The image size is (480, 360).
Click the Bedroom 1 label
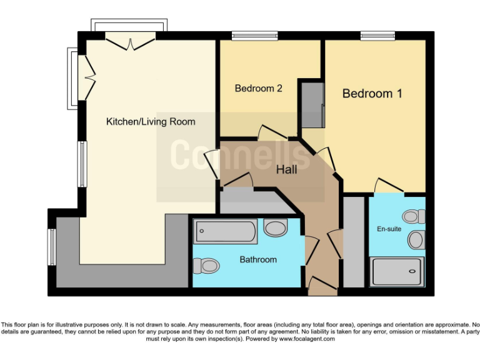(372, 94)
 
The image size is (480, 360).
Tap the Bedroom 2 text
(258, 89)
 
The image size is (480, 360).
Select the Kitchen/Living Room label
(150, 122)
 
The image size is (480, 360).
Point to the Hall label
(286, 169)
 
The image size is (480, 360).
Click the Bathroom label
(258, 259)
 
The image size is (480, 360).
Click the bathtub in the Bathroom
(226, 232)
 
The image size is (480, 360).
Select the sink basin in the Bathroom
(275, 228)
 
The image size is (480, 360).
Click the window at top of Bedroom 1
(377, 36)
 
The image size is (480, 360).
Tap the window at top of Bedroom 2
(254, 36)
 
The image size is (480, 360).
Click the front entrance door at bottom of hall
(322, 287)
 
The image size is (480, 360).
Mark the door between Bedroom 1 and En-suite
(387, 186)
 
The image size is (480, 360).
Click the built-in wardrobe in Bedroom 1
(311, 104)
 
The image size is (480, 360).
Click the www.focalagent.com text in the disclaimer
(307, 339)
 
